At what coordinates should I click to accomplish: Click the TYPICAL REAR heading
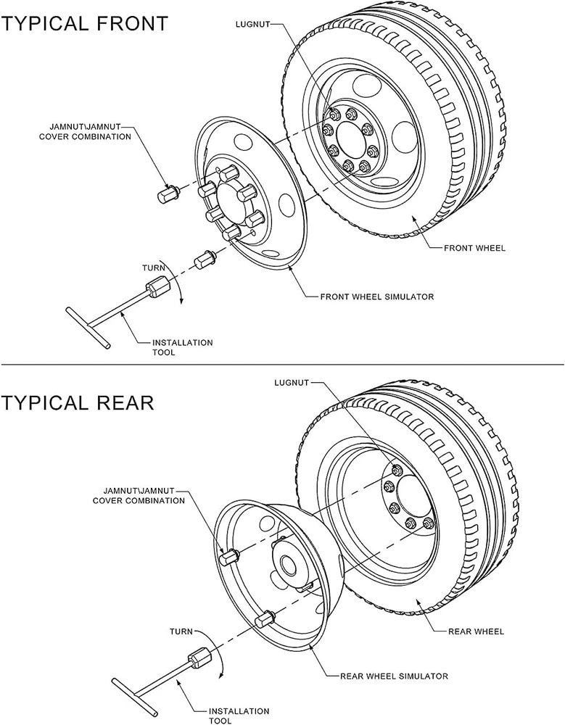(x=78, y=402)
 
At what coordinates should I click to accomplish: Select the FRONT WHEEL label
(x=474, y=249)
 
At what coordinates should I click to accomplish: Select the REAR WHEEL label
(x=476, y=631)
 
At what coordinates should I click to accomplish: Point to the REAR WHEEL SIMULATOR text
(x=394, y=676)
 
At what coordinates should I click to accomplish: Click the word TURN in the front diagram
(x=154, y=268)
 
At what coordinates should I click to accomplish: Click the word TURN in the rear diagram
(x=181, y=631)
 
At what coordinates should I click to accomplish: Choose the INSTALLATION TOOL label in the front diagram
(x=182, y=347)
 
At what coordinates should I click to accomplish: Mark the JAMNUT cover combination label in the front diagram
(x=91, y=131)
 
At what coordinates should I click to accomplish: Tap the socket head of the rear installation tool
(x=198, y=660)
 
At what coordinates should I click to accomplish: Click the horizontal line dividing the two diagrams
(x=282, y=363)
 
